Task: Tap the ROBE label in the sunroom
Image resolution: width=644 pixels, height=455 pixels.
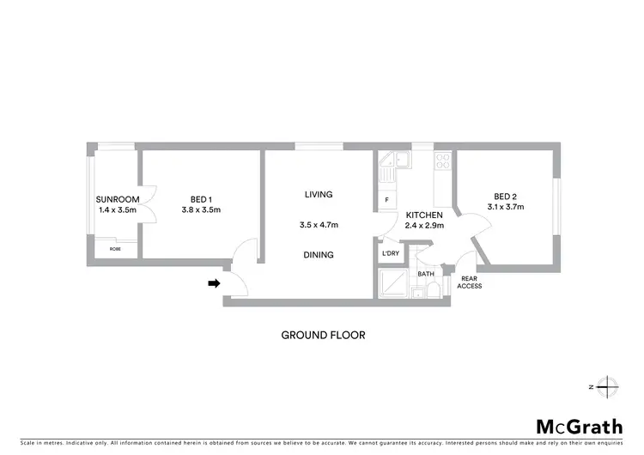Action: pos(114,248)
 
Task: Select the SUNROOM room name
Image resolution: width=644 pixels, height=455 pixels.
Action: pos(116,199)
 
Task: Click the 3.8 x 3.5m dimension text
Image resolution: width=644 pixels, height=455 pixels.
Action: pos(202,209)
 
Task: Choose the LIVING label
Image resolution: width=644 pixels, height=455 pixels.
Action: pos(318,195)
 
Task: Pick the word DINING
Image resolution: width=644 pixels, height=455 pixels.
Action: pos(318,255)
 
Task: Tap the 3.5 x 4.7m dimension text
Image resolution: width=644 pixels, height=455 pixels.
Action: pos(318,225)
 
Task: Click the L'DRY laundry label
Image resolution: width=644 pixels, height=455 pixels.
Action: pos(388,255)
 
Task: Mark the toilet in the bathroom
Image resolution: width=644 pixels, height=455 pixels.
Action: pos(434,289)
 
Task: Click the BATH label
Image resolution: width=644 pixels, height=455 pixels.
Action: pos(426,274)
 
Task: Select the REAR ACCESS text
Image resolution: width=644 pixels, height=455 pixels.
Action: pos(470,282)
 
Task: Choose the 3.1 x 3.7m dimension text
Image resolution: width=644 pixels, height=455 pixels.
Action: pos(504,206)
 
